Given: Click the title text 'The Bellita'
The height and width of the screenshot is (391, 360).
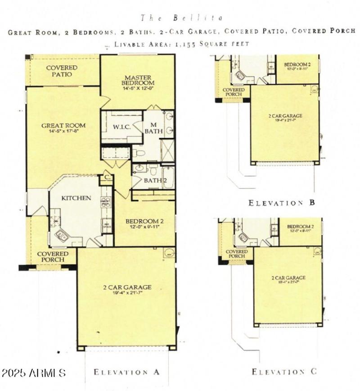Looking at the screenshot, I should (182, 18).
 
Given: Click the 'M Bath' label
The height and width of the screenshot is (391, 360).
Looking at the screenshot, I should (153, 128).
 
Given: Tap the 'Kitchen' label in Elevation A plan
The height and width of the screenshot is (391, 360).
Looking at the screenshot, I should (76, 198).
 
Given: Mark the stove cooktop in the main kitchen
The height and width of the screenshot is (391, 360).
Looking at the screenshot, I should (106, 202).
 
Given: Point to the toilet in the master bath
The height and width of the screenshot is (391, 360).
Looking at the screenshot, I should (139, 153).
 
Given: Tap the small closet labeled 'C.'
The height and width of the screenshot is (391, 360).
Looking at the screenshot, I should (107, 177).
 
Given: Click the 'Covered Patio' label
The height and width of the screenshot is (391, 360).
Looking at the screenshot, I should (62, 71).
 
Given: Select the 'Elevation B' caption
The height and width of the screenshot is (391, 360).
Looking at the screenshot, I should (282, 203).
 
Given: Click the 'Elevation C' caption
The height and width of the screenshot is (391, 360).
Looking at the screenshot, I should (284, 372).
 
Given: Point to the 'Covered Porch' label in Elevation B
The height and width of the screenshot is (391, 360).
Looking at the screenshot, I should (234, 92).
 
